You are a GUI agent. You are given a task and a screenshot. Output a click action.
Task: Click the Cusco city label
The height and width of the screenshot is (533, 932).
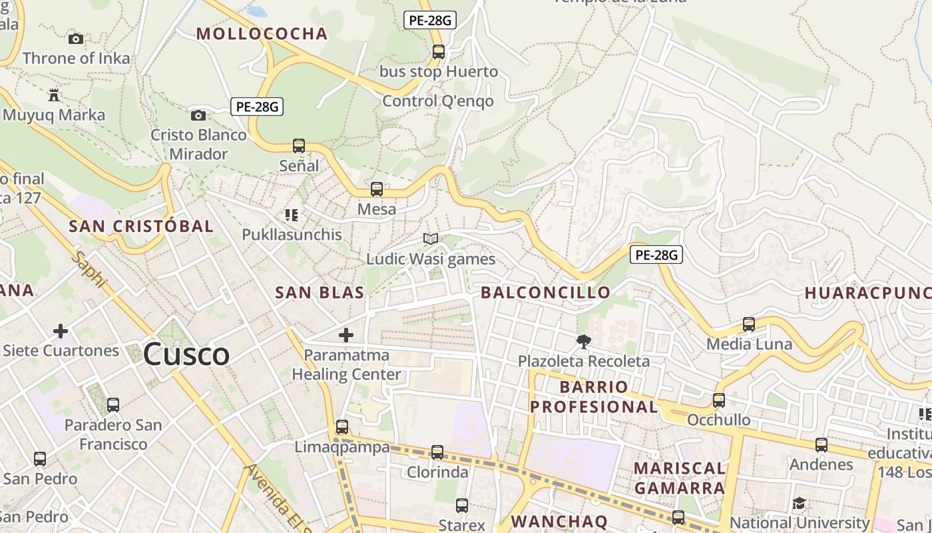tap(186, 354)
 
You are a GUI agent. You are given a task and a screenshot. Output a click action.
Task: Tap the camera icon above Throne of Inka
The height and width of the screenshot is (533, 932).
tap(76, 39)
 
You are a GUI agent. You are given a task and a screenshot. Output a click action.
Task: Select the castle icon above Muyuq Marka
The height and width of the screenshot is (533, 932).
tap(54, 95)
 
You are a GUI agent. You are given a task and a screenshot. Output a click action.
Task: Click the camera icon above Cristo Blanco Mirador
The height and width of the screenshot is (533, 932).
tap(198, 116)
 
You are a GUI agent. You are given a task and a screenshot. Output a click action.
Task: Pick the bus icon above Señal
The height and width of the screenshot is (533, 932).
tap(299, 146)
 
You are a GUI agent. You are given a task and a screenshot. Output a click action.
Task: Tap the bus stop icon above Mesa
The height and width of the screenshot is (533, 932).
tap(377, 189)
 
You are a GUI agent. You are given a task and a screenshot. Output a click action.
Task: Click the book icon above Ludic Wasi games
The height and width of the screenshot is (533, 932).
tap(431, 239)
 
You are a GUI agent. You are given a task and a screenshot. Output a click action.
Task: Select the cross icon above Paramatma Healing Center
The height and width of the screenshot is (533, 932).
tap(346, 335)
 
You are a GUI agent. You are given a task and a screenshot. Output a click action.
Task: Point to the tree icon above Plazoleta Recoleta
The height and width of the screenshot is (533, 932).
tap(584, 342)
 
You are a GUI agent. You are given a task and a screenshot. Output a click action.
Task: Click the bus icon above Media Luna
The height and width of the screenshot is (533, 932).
tap(749, 324)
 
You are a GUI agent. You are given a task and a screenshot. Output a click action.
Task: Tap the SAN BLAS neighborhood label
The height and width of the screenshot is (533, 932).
tap(320, 292)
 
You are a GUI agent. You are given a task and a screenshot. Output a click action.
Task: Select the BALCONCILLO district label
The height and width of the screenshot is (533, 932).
tap(545, 292)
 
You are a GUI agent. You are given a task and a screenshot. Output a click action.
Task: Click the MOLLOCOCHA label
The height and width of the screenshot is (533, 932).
tap(262, 34)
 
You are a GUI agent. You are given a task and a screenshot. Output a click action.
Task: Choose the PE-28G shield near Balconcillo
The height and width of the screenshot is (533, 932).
tap(656, 255)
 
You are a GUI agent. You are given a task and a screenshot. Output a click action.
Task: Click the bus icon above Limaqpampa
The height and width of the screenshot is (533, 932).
tap(342, 427)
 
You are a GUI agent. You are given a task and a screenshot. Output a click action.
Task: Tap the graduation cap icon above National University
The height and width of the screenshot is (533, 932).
tap(799, 503)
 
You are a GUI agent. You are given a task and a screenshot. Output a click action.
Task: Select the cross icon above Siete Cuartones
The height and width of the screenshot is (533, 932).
tap(61, 331)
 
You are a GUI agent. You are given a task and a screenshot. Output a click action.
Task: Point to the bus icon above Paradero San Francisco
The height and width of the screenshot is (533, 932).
tap(113, 405)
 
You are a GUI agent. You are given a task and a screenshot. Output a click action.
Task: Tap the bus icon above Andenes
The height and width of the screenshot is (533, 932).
tap(821, 445)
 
